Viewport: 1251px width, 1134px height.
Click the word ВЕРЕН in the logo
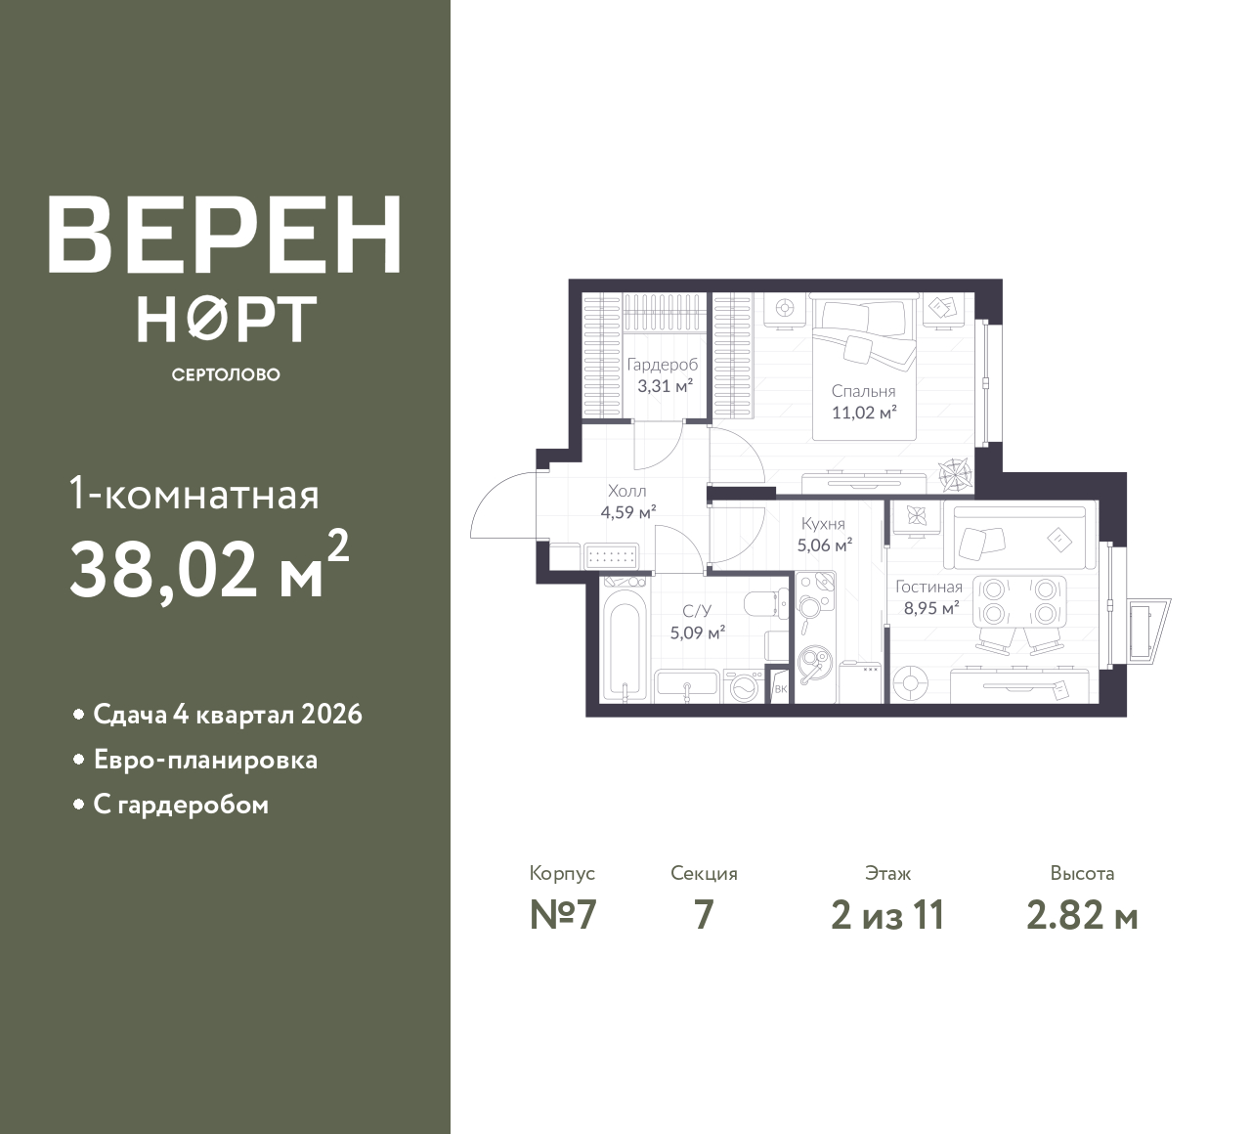pos(225,236)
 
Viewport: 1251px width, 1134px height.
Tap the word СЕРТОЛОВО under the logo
pos(226,374)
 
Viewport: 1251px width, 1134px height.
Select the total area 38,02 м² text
pos(209,568)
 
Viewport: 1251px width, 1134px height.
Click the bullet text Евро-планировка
pos(205,761)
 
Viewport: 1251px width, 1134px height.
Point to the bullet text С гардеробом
pos(181,806)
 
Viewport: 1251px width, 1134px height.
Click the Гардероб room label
pos(663,365)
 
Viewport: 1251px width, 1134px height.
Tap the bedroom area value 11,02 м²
pos(864,413)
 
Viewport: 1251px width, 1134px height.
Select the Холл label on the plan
pos(627,491)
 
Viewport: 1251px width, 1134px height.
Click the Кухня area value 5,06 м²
pos(825,545)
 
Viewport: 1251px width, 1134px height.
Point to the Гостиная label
pos(929,587)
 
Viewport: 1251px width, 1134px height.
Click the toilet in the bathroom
pos(766,604)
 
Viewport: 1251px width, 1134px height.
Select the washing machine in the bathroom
pos(744,687)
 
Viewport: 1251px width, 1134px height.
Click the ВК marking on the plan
pos(780,689)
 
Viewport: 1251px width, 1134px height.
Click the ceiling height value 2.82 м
pos(1083,916)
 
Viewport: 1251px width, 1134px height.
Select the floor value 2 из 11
pos(888,916)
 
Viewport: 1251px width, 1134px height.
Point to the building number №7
pos(563,916)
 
